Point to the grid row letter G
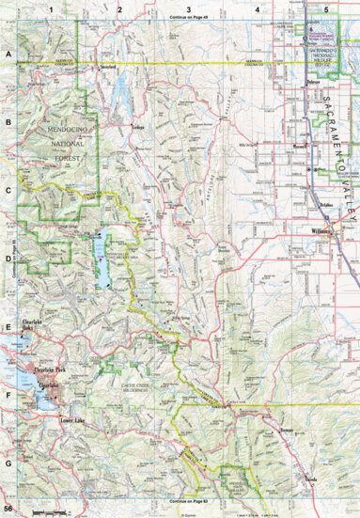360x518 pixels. (8, 463)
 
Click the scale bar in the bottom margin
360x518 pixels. (51, 511)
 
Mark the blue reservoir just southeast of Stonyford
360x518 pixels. (120, 94)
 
